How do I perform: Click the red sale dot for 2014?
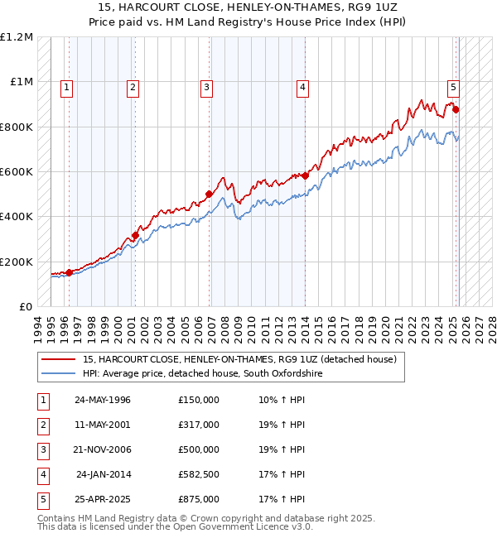click(305, 175)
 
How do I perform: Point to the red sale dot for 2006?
click(209, 195)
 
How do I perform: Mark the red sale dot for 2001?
click(135, 235)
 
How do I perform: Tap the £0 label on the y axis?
click(24, 306)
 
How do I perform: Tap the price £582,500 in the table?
click(199, 474)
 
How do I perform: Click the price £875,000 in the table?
click(199, 499)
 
